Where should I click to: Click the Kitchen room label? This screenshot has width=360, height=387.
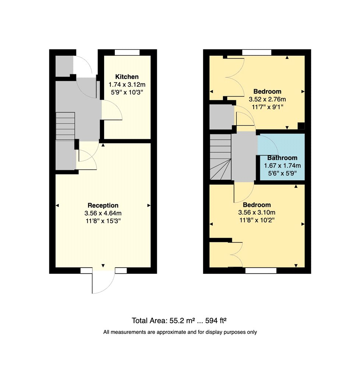(x=127, y=77)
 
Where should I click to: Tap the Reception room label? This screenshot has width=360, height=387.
(x=103, y=205)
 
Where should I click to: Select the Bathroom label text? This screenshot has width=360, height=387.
(x=282, y=158)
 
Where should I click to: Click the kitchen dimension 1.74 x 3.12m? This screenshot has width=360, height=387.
(x=127, y=85)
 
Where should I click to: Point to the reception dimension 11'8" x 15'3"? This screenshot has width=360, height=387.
(x=103, y=221)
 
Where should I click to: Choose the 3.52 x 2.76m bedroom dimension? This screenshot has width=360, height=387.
(x=267, y=100)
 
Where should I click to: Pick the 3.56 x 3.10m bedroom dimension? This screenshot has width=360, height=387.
(x=257, y=213)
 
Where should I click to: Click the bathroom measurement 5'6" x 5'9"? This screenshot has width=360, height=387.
(x=282, y=173)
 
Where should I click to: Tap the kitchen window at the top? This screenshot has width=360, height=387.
(x=127, y=52)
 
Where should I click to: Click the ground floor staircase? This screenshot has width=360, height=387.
(x=66, y=126)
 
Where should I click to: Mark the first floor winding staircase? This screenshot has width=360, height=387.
(x=220, y=157)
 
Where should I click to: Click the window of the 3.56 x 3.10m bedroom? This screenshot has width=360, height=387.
(x=261, y=271)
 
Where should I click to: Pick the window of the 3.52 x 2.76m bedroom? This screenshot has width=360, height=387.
(x=257, y=52)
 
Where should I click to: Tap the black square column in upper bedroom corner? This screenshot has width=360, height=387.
(x=301, y=126)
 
